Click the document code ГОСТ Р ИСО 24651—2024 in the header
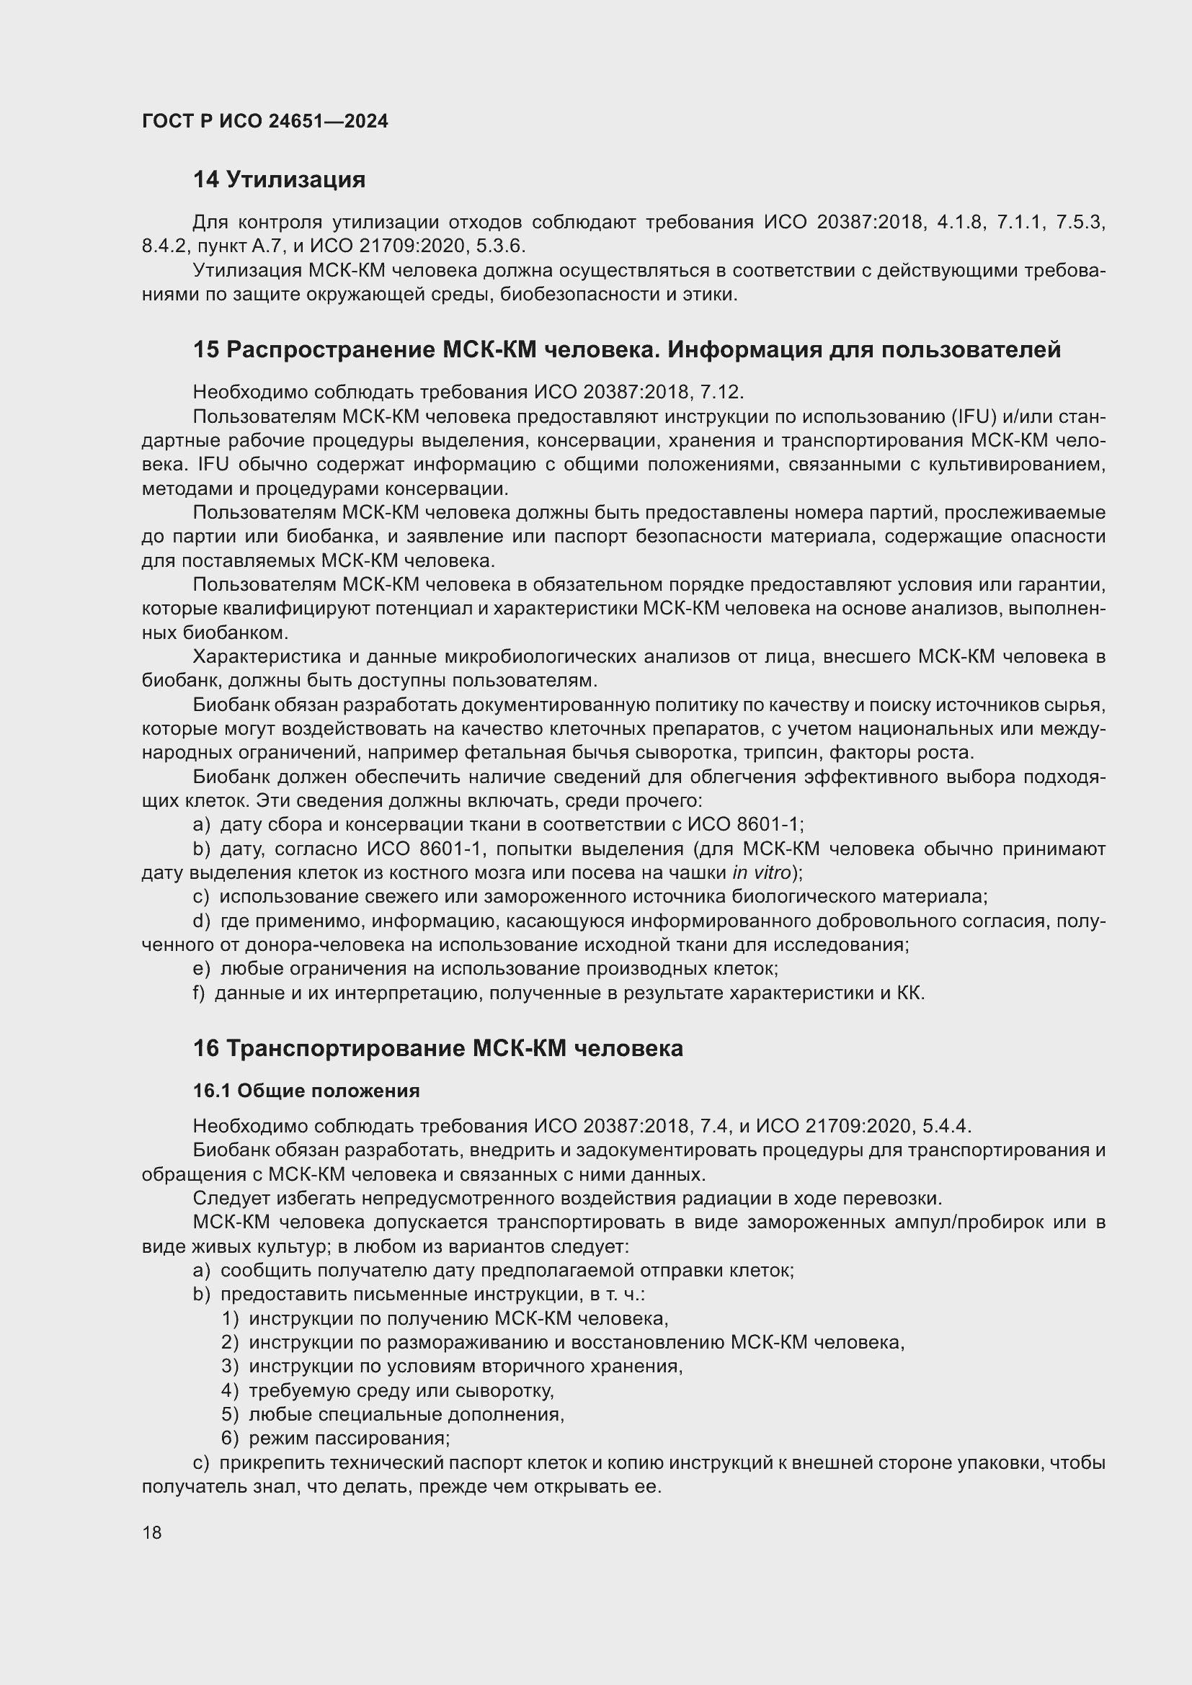[265, 122]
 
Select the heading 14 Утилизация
[279, 180]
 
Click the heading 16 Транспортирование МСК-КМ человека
[437, 1048]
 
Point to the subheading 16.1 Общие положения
[306, 1091]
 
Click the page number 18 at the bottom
[152, 1532]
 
